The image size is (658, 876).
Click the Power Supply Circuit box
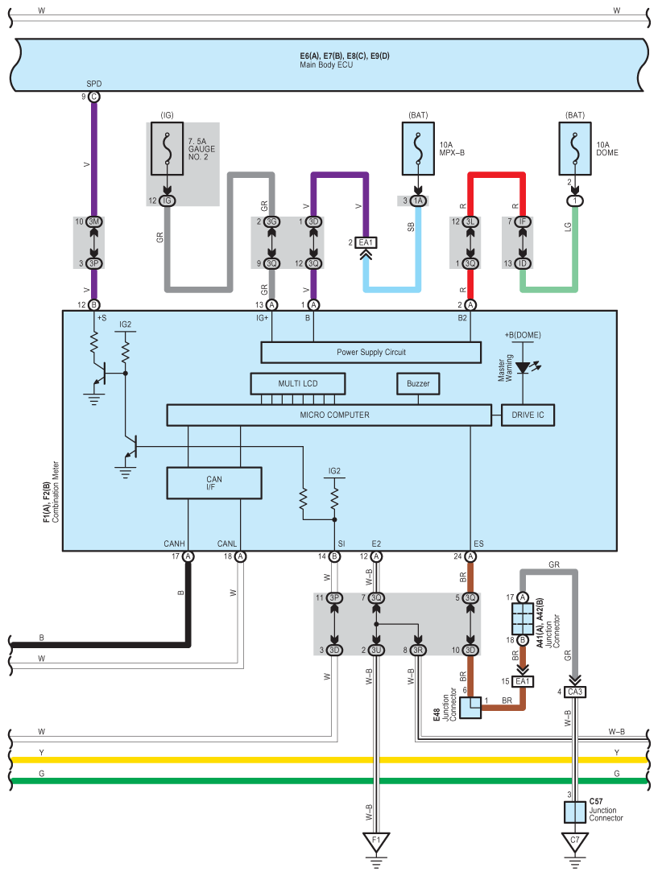pos(370,352)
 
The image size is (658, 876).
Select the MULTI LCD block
pos(297,384)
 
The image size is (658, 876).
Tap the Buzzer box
pos(418,384)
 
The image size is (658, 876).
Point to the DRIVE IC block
pos(528,415)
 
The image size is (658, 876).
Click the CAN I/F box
pos(214,483)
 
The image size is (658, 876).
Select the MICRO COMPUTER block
pos(329,415)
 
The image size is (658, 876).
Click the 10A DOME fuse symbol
pos(575,149)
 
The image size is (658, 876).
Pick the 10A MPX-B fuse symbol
pos(418,149)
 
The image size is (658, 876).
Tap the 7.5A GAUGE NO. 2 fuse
pos(168,149)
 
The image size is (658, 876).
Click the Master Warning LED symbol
pos(524,368)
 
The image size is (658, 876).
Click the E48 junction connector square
pos(470,708)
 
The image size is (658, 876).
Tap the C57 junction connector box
pos(575,812)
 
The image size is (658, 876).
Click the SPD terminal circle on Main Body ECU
pos(94,97)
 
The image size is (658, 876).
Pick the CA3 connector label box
pos(575,692)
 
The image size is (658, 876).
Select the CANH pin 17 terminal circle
pos(188,556)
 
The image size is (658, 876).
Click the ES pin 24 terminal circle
pos(470,556)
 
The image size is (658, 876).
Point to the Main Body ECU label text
pos(326,64)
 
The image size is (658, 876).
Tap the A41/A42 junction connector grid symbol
pos(522,618)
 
